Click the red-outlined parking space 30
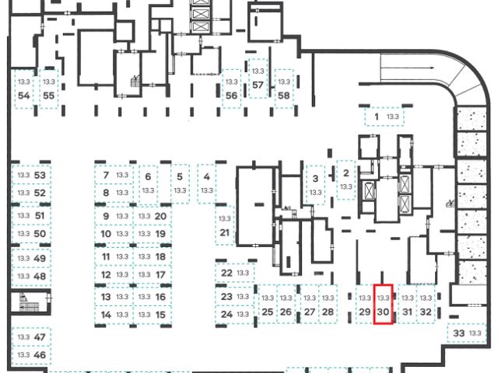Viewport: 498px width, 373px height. pyautogui.click(x=383, y=305)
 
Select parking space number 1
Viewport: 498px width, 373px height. pyautogui.click(x=384, y=117)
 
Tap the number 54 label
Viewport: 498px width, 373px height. pyautogui.click(x=23, y=96)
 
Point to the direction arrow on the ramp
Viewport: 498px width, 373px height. pyautogui.click(x=421, y=68)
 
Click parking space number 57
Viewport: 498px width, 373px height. pyautogui.click(x=259, y=78)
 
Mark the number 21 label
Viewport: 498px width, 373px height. pyautogui.click(x=225, y=232)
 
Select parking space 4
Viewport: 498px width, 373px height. pyautogui.click(x=206, y=183)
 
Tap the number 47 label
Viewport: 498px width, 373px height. pyautogui.click(x=40, y=336)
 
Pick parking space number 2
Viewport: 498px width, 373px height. pyautogui.click(x=345, y=180)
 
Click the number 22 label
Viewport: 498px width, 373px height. pyautogui.click(x=226, y=273)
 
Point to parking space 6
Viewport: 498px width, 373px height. pyautogui.click(x=147, y=183)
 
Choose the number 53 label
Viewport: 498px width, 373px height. pyautogui.click(x=40, y=176)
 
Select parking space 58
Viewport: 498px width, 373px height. pyautogui.click(x=284, y=88)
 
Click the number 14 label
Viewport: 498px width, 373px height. pyautogui.click(x=105, y=315)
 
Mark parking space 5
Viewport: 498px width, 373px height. pyautogui.click(x=180, y=183)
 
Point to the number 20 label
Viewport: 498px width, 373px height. pyautogui.click(x=160, y=216)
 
